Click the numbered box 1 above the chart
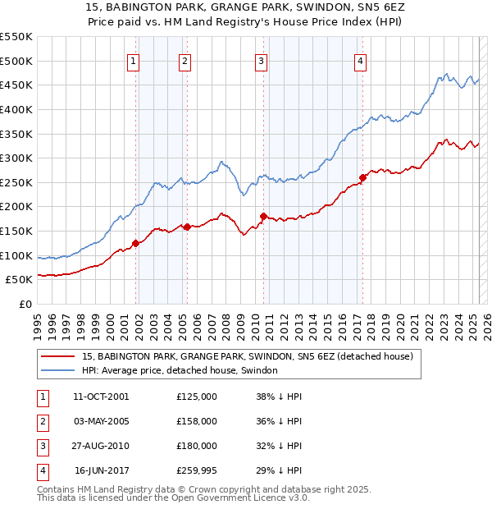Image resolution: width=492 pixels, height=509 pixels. (134, 60)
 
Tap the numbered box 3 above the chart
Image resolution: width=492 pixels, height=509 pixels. (261, 60)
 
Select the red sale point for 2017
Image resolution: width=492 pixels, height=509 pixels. (362, 177)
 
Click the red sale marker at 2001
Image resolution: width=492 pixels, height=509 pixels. (135, 242)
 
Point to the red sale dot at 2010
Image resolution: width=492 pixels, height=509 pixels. (263, 216)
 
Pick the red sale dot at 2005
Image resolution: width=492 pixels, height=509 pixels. (187, 227)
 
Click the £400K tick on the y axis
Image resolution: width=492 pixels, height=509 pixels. (16, 109)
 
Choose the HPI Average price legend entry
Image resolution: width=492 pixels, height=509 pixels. (180, 370)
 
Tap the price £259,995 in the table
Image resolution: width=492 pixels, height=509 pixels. (197, 470)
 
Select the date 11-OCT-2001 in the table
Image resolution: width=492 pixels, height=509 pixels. (101, 397)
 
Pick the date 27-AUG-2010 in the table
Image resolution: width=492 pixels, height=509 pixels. (101, 446)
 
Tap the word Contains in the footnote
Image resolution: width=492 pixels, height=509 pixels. (58, 489)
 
